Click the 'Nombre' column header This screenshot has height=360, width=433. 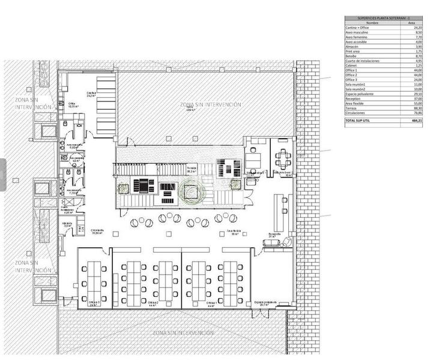pyautogui.click(x=356, y=23)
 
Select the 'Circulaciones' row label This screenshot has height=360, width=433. pyautogui.click(x=354, y=112)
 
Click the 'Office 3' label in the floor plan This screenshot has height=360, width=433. pyautogui.click(x=93, y=304)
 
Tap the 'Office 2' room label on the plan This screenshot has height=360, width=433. pyautogui.click(x=153, y=304)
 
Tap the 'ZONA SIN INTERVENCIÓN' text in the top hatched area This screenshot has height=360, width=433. pyautogui.click(x=211, y=104)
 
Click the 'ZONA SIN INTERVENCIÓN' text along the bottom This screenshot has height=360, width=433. pyautogui.click(x=183, y=332)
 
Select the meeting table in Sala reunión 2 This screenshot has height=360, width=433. pyautogui.click(x=282, y=159)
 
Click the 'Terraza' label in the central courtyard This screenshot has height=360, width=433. pyautogui.click(x=192, y=170)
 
